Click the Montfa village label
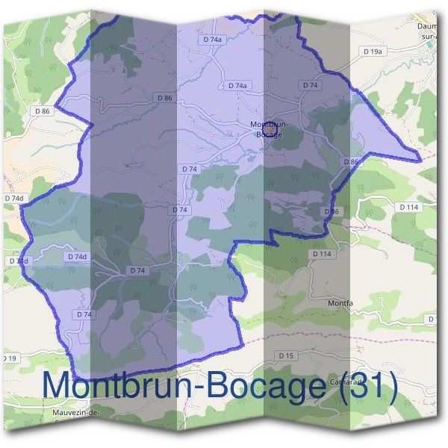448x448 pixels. click(x=340, y=303)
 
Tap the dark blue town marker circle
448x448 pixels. click(x=271, y=131)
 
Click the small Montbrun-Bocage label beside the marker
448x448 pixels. click(x=266, y=128)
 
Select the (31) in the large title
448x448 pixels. click(x=367, y=386)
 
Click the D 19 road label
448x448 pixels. click(x=8, y=359)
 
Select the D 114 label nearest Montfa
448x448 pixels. click(x=322, y=255)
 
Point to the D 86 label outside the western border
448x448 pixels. click(x=42, y=111)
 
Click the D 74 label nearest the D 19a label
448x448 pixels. click(x=310, y=85)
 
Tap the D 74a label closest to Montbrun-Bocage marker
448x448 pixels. click(x=236, y=86)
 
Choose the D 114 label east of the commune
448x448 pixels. click(x=409, y=207)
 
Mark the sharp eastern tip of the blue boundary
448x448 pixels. click(x=420, y=159)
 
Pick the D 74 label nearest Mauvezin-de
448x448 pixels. click(x=84, y=315)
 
